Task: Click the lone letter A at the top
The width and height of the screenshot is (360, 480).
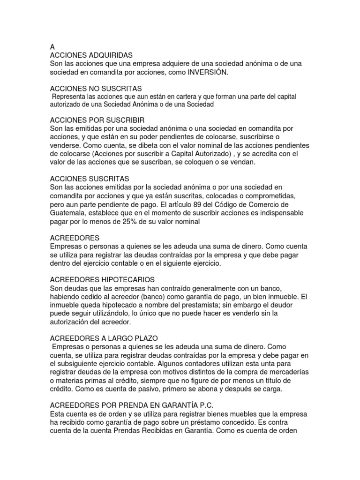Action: coord(52,47)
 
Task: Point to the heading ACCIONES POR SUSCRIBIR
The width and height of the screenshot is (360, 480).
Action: coord(97,119)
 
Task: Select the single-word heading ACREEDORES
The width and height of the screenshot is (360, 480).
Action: coord(74,238)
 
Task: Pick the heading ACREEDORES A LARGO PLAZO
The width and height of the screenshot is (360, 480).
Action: coord(105,338)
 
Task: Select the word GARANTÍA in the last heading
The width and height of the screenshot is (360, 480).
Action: coord(187,405)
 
